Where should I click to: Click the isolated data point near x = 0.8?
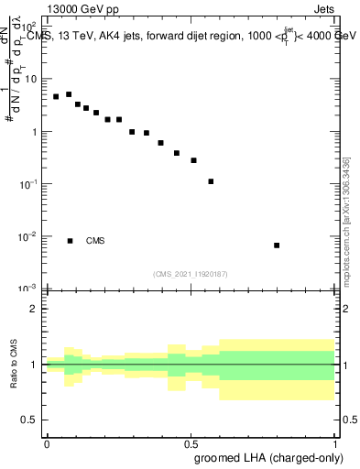(277, 245)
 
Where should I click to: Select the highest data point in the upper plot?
(69, 94)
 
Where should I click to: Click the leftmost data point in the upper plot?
(56, 96)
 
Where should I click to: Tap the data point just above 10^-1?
(211, 181)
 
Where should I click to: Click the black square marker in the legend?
(70, 241)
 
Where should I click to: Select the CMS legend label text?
(95, 241)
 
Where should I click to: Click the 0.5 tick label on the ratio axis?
(29, 420)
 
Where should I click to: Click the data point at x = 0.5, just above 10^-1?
(193, 160)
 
